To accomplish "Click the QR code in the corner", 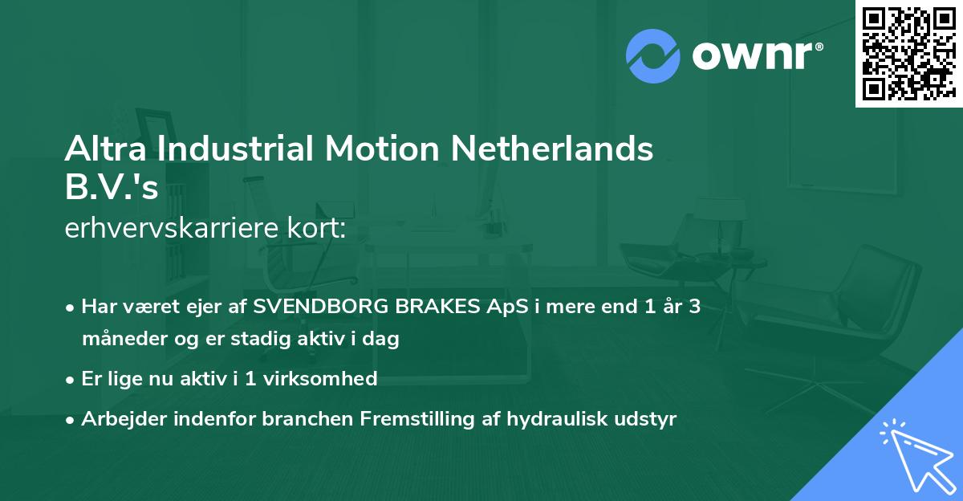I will pyautogui.click(x=908, y=53).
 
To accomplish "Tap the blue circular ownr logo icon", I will pyautogui.click(x=653, y=55).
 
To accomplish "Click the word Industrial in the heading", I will pyautogui.click(x=225, y=149).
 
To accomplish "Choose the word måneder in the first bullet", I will pyautogui.click(x=119, y=339).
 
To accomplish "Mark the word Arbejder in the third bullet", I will pyautogui.click(x=117, y=418).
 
